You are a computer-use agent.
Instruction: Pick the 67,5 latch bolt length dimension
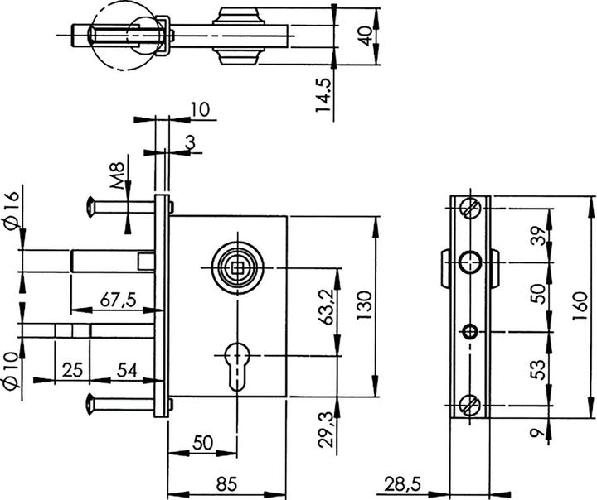click(117, 300)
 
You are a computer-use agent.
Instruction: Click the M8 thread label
click(119, 176)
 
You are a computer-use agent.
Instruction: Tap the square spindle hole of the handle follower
click(235, 267)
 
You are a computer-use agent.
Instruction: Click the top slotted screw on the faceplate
click(470, 207)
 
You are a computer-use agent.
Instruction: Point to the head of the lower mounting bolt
click(91, 405)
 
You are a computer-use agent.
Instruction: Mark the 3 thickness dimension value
click(190, 144)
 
